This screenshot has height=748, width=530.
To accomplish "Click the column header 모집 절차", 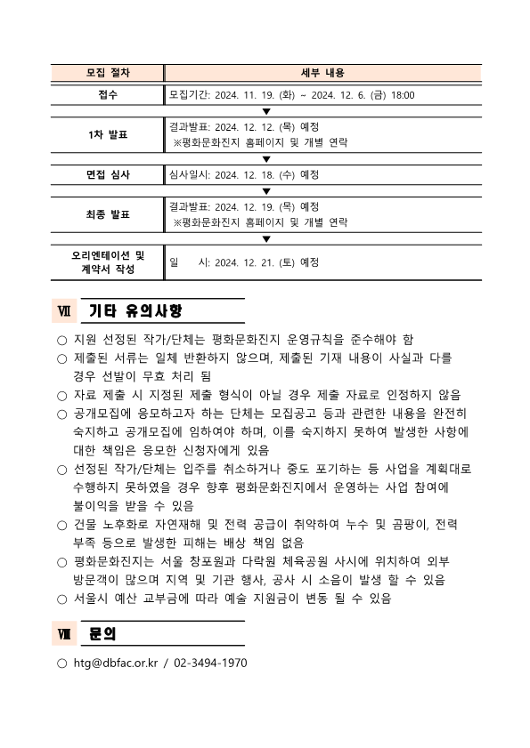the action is (108, 73).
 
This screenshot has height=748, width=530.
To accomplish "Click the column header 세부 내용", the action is (323, 73).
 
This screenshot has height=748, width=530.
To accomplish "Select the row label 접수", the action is (108, 94).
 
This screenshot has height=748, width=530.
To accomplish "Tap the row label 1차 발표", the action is (108, 134).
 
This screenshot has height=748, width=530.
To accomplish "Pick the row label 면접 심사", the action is (108, 174).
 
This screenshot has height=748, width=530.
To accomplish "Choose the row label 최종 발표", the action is (108, 213).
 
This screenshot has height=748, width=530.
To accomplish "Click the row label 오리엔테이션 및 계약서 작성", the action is (108, 261).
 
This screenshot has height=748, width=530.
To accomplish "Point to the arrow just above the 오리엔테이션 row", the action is (265, 238).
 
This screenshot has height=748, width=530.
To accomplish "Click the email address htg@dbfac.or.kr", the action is (115, 664).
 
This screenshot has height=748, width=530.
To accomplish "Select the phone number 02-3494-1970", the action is (211, 664).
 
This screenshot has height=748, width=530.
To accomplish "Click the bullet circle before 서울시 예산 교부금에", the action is (61, 599).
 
